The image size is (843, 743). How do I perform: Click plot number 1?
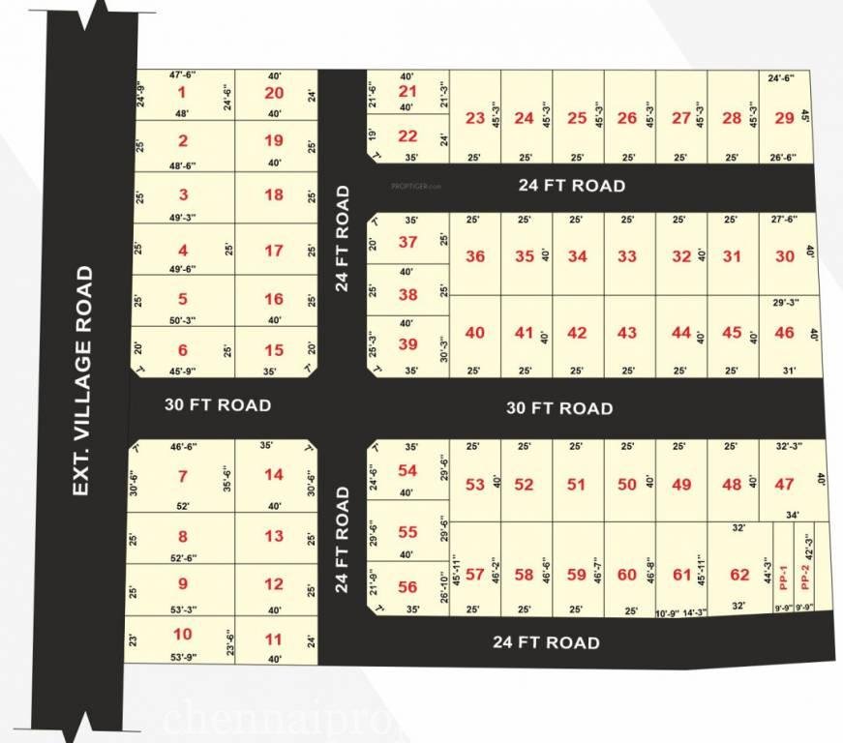181,93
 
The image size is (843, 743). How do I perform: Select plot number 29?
784,118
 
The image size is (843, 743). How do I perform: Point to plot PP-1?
784,578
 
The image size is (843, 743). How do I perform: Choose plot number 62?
739,575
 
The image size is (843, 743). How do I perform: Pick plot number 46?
784,333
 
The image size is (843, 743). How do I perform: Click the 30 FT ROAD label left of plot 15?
217,404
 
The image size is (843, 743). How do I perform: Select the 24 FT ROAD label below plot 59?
545,641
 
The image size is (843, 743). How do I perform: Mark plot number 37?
407,243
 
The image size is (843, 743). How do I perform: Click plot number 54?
407,470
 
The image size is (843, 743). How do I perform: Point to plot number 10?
183,635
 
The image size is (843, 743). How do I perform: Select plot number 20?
274,93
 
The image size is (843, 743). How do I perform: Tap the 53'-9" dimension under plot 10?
183,658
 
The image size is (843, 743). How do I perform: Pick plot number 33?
627,256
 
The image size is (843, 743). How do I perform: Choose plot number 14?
274,475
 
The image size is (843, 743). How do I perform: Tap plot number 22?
407,136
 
